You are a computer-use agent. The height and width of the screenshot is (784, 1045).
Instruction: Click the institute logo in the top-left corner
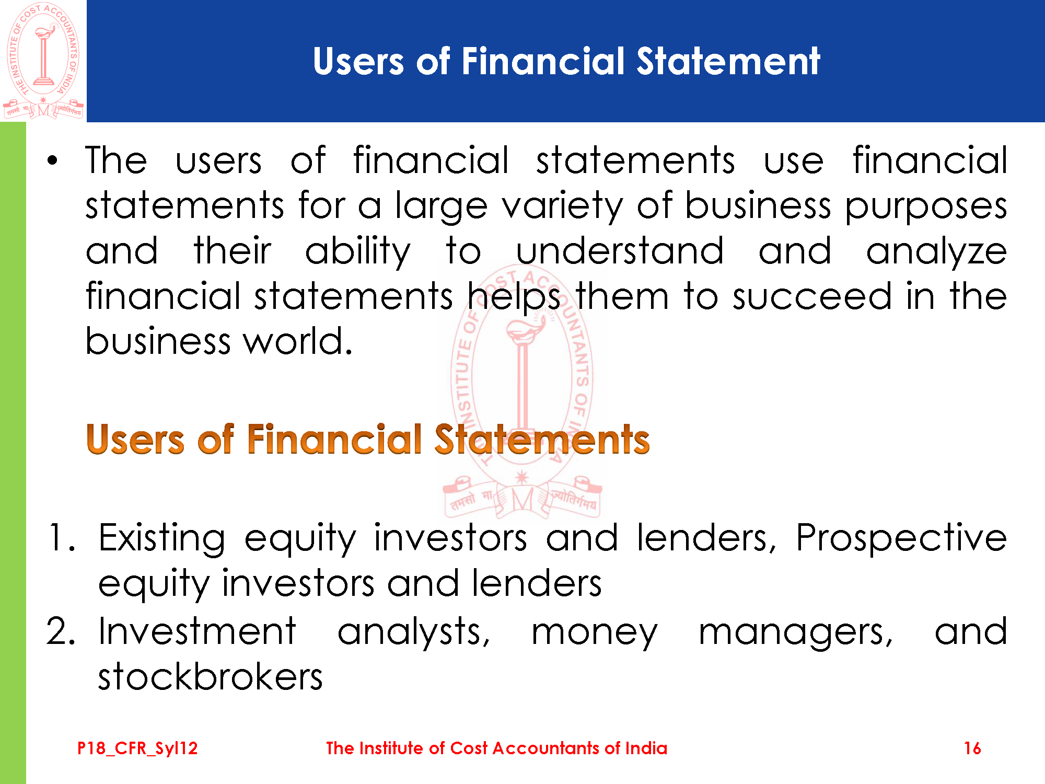tap(43, 61)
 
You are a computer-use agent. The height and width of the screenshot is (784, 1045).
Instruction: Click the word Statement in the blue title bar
tap(728, 61)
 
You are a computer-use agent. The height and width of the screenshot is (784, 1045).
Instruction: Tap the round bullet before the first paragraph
tap(52, 160)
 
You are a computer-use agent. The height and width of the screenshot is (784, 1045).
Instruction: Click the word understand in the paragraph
tap(620, 250)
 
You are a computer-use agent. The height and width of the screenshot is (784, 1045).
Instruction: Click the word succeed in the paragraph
tap(811, 296)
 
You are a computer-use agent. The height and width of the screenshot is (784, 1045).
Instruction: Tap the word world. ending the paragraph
tap(298, 341)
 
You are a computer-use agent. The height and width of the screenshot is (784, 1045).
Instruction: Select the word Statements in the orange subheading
tap(542, 439)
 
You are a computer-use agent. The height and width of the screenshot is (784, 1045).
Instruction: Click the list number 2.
tap(61, 631)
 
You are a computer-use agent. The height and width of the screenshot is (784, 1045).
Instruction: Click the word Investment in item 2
tap(198, 631)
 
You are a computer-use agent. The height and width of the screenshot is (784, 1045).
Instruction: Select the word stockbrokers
tap(211, 676)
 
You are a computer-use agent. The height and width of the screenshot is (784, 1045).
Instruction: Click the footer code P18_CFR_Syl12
tap(137, 748)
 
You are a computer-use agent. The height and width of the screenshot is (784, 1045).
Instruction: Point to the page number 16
tap(972, 748)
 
